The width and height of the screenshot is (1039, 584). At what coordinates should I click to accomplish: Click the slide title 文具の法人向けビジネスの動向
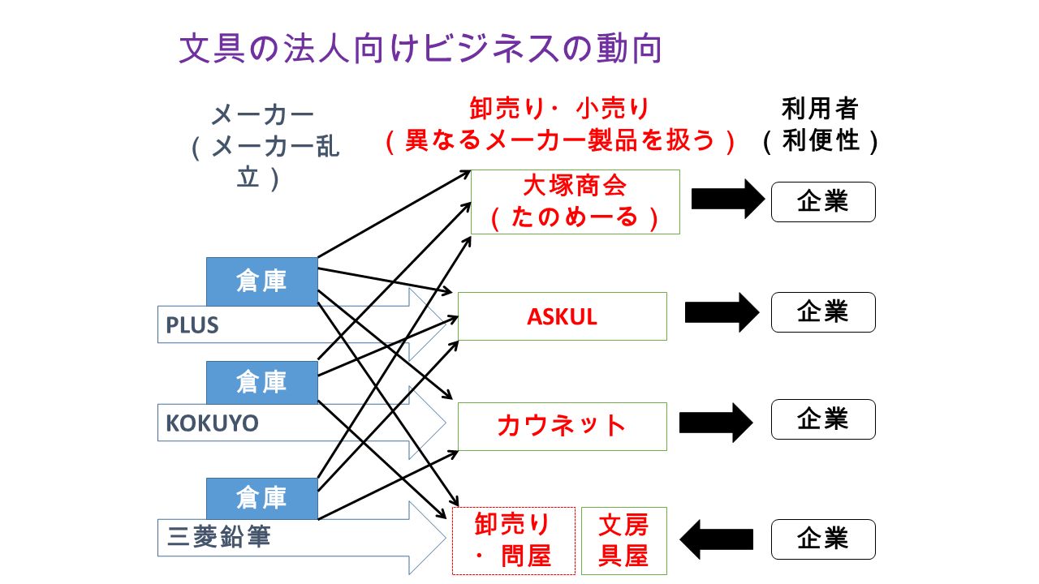420,49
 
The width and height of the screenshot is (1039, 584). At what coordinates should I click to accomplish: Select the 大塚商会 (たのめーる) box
576,202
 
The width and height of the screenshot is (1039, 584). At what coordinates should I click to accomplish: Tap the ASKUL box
563,316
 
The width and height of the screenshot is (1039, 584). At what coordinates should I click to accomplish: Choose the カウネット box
563,427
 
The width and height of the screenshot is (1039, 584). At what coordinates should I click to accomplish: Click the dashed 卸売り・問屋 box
514,541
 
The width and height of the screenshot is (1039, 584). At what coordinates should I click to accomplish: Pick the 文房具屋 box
624,541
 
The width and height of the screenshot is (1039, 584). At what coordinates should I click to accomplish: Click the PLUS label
192,325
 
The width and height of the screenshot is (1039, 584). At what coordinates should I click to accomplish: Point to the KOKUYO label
212,423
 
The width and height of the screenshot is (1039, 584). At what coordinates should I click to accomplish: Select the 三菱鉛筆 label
218,537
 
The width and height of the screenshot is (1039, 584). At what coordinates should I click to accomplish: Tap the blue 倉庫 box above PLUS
262,281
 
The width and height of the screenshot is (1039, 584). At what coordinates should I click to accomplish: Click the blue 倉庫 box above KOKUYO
262,382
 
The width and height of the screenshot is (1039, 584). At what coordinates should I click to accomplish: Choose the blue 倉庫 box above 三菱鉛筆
262,498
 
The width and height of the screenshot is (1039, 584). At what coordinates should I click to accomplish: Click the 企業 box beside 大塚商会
823,202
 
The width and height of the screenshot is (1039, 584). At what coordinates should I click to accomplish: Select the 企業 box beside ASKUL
823,312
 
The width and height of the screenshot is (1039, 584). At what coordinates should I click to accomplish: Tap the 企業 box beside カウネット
823,419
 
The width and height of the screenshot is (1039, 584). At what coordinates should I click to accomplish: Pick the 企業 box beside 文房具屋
823,539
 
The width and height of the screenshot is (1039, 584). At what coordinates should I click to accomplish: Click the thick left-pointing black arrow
717,539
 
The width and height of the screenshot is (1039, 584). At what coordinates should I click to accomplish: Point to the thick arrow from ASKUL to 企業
722,312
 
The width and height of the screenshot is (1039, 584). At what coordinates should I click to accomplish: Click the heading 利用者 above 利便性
820,109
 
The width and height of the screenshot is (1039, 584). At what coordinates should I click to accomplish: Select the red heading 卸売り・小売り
559,109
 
